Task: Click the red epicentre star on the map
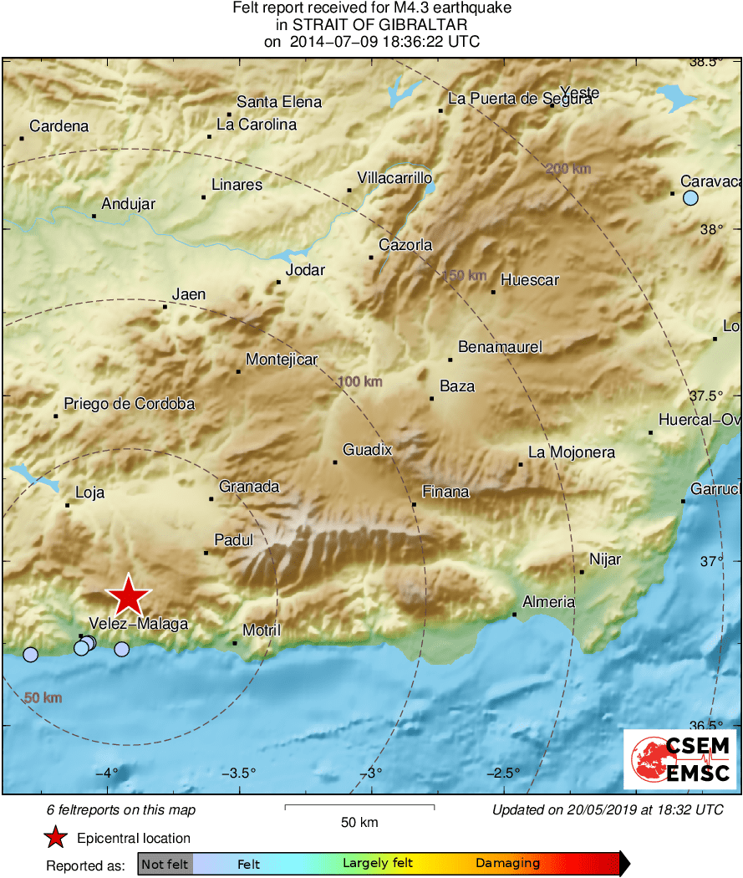(129, 597)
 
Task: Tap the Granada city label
(249, 487)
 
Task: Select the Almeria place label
(548, 602)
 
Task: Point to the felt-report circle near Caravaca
(690, 198)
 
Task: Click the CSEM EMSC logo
(679, 759)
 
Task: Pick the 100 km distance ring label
(360, 382)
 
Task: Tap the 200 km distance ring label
(567, 169)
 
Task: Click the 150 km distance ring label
(464, 276)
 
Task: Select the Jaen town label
(188, 294)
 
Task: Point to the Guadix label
(367, 450)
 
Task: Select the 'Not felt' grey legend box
(165, 864)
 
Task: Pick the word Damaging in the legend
(507, 864)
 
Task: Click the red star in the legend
(55, 837)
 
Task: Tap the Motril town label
(261, 630)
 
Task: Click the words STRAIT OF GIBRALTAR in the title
(372, 25)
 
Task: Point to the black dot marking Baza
(432, 399)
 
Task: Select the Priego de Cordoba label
(129, 404)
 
